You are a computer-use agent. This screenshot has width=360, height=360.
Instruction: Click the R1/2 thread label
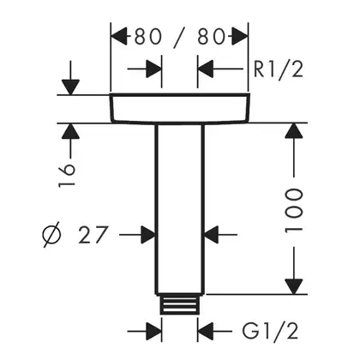pos(279,69)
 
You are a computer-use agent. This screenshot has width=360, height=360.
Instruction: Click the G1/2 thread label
pos(270,332)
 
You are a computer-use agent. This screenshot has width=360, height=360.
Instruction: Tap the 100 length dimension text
pos(293,210)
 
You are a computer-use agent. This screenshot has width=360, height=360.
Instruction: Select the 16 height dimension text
pos(67,176)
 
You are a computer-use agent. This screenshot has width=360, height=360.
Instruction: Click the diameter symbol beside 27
pos(51,234)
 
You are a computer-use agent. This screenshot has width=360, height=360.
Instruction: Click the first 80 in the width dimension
pos(148,37)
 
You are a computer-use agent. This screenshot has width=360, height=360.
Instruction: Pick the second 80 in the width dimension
pos(211,37)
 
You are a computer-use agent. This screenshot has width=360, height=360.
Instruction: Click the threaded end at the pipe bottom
pos(179,304)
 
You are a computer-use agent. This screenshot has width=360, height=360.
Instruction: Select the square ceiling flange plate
pos(180,108)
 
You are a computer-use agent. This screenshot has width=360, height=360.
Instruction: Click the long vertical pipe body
pos(180,209)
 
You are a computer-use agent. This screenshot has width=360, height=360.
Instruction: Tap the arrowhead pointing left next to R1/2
pos(206,69)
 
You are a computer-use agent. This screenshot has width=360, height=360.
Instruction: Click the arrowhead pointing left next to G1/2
pos(206,332)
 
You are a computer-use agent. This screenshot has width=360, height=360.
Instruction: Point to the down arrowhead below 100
pos(294,286)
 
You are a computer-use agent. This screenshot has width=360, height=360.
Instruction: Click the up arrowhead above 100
pos(294,131)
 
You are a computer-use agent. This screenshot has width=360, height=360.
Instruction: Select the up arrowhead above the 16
pos(70,131)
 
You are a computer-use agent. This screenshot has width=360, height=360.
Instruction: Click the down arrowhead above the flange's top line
pos(70,87)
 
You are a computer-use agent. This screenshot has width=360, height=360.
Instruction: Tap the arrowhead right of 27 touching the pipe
pos(147,235)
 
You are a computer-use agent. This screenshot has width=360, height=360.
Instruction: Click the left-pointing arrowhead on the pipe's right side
pos(212,235)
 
